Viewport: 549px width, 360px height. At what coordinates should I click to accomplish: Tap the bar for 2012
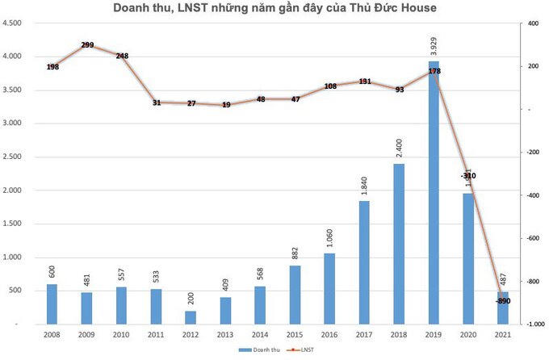(191, 317)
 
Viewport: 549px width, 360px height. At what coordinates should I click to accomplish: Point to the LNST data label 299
(87, 46)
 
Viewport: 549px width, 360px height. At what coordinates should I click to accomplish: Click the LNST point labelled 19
(226, 105)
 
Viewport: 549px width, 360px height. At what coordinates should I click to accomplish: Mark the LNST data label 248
(122, 57)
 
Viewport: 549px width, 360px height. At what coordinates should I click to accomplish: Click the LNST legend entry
(301, 350)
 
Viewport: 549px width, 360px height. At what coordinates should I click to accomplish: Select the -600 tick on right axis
(532, 239)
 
